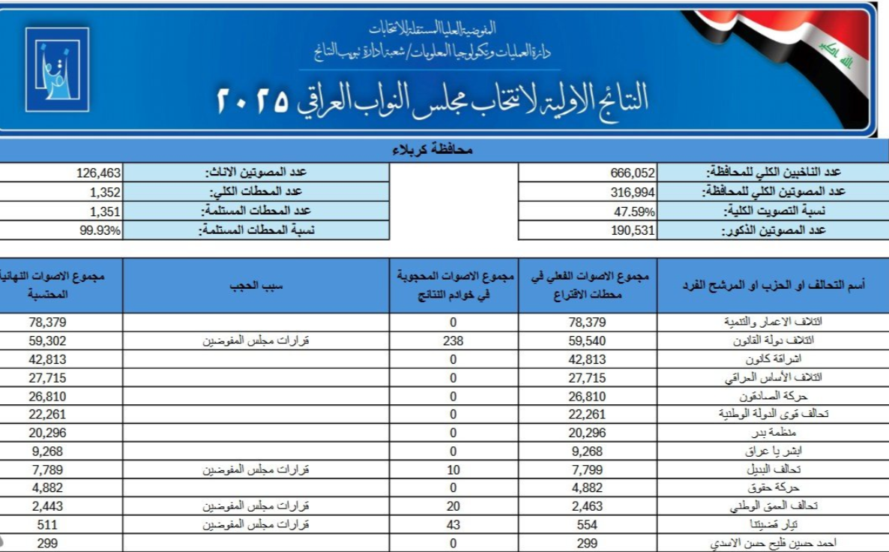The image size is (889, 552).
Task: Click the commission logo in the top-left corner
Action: tap(56, 70)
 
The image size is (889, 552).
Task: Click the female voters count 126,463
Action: tap(98, 172)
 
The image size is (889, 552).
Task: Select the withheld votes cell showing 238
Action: tap(453, 340)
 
